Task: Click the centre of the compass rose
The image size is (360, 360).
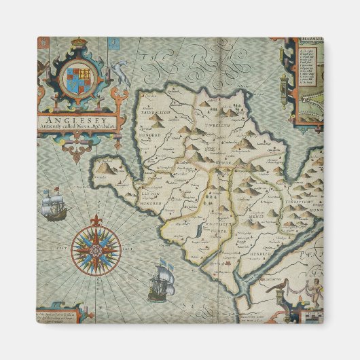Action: (96, 249)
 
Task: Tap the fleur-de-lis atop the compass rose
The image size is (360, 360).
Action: (96, 221)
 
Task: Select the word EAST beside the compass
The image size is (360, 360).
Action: (129, 249)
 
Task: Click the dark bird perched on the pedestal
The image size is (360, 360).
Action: (278, 289)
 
